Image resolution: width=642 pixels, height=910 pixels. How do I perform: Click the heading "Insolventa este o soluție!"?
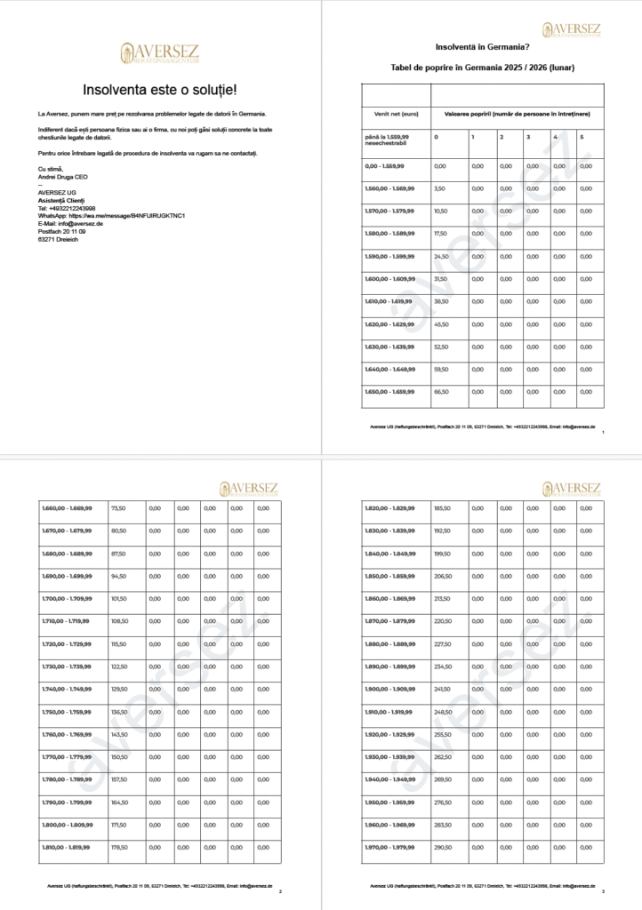160,90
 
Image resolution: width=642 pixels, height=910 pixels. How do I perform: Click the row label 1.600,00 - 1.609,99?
389,279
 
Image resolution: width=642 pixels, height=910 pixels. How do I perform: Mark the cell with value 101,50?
119,598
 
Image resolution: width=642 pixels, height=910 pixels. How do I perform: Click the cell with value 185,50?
442,508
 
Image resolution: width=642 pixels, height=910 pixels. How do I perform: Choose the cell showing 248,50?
442,712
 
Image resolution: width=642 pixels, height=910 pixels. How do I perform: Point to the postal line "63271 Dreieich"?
58,239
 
